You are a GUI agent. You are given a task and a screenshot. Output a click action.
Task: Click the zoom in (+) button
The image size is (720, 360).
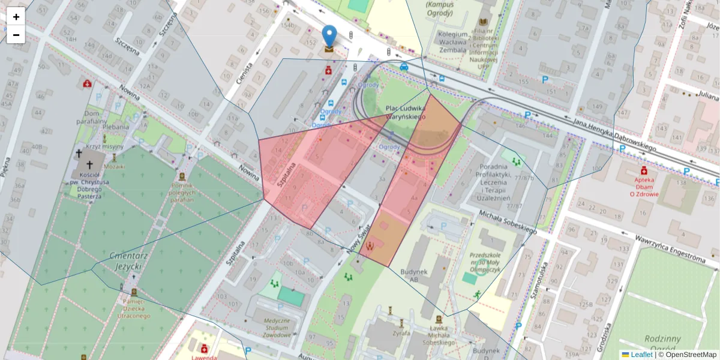point(16,16)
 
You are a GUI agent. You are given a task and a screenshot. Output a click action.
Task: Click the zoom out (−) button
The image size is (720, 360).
point(16,35)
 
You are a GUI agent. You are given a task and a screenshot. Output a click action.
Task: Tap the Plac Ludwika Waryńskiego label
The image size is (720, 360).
point(406,112)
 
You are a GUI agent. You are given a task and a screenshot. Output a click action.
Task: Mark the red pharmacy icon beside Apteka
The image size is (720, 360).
point(644,170)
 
